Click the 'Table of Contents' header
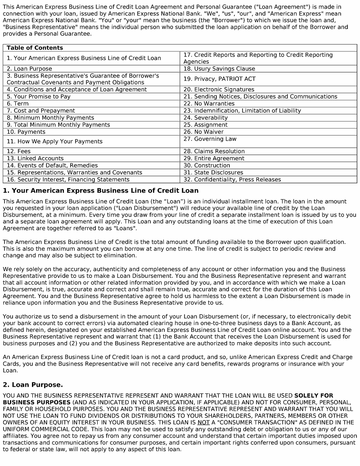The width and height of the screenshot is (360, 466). (35, 48)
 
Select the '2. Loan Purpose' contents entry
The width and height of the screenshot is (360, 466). (29, 69)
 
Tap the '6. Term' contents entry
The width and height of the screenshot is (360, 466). (18, 104)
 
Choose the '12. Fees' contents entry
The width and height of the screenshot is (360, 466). (18, 151)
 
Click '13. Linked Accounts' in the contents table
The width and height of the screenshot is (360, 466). (35, 158)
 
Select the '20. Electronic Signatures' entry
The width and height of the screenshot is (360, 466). (219, 90)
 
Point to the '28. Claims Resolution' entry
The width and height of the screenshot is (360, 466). (214, 151)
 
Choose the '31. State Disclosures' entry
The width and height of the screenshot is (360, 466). (213, 172)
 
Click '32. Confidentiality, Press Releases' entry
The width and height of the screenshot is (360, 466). (232, 180)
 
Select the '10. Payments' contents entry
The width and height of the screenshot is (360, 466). (26, 132)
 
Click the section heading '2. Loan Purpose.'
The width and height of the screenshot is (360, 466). (33, 385)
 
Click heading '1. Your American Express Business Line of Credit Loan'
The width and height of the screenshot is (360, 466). (100, 190)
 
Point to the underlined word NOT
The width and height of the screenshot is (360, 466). (203, 423)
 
